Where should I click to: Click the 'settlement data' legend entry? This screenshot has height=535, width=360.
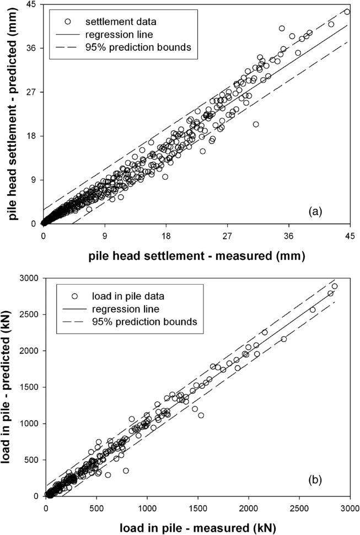click(x=120, y=22)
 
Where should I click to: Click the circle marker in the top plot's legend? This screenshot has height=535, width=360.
click(x=68, y=22)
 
